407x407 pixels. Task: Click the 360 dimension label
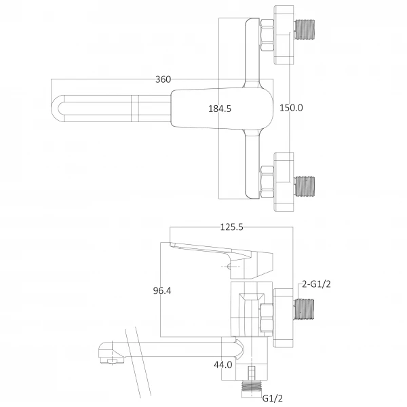click(x=163, y=79)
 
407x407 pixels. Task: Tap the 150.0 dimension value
click(x=291, y=108)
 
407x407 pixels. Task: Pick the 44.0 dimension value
click(x=222, y=364)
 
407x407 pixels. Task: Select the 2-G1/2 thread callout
click(x=317, y=284)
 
